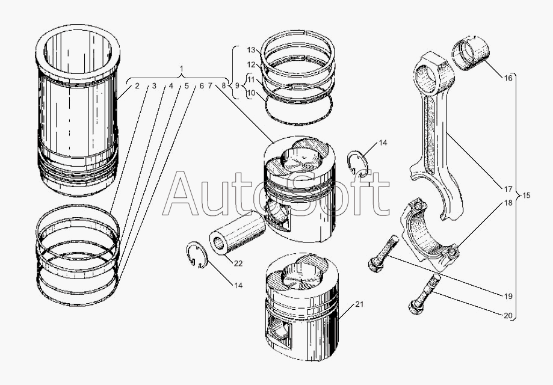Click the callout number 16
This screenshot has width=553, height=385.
tap(508, 78)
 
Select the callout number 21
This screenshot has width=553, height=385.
tap(359, 305)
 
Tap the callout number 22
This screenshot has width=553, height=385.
tap(238, 263)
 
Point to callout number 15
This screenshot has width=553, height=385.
tap(526, 196)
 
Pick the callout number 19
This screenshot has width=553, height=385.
tap(508, 295)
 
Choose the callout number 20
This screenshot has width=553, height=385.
tap(508, 315)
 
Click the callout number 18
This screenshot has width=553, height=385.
tap(508, 203)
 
